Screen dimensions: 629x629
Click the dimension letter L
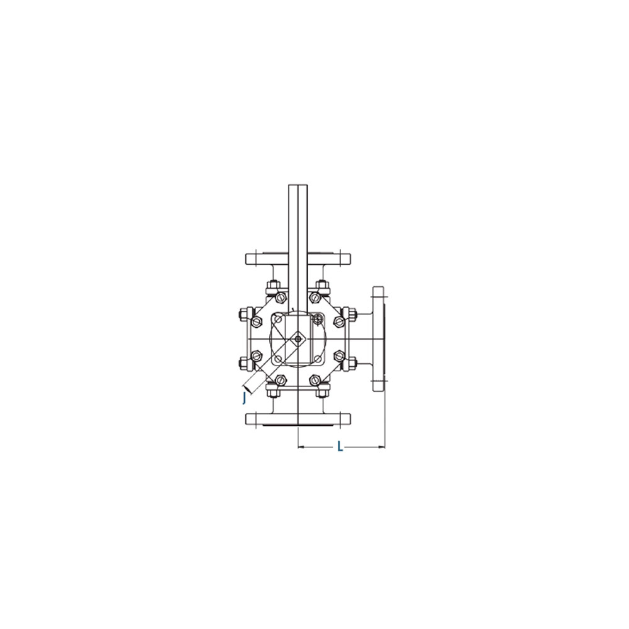point(340,446)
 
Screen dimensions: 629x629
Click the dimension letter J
point(244,398)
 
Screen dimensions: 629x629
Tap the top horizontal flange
point(298,259)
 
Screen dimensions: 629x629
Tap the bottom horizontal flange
point(298,420)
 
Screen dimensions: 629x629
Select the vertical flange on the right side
point(379,339)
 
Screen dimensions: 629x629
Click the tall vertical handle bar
point(298,248)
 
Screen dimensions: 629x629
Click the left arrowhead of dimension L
point(301,446)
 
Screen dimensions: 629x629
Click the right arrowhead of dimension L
point(382,446)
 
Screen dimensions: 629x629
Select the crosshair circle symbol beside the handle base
point(317,320)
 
